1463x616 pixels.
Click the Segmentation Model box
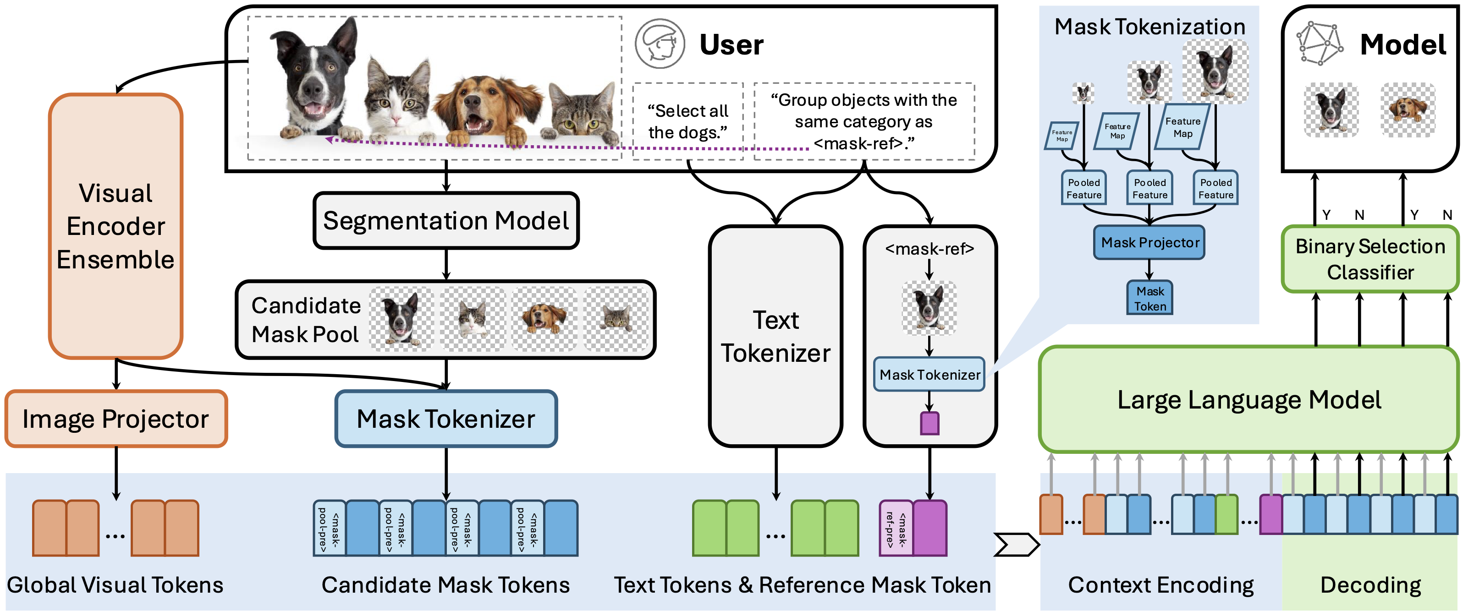(x=446, y=221)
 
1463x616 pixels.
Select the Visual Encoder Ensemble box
(x=116, y=226)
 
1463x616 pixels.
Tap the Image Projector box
(x=116, y=419)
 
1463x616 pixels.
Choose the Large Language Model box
(x=1249, y=400)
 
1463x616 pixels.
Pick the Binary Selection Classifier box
(x=1370, y=259)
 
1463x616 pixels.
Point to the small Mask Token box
(x=1150, y=299)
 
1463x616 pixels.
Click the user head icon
(x=660, y=44)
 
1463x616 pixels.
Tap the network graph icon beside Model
(x=1319, y=44)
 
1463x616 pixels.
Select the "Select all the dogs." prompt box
(x=688, y=121)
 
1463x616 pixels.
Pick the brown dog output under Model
(x=1408, y=109)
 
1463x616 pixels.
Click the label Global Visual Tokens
(x=115, y=585)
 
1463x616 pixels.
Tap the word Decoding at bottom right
(x=1370, y=585)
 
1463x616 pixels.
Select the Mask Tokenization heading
(x=1149, y=27)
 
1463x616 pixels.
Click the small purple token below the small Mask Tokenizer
(x=929, y=424)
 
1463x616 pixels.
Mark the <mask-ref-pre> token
(x=896, y=529)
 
